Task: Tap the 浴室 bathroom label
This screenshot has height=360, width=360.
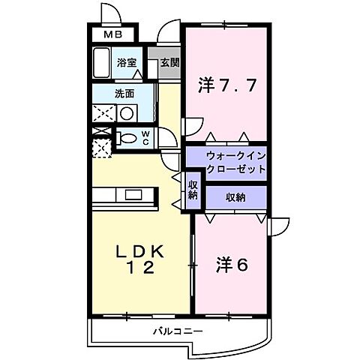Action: [x=126, y=63]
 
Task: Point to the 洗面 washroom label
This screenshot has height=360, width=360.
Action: [x=124, y=94]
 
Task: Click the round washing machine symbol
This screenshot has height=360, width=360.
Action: [x=127, y=114]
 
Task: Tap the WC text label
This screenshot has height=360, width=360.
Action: [x=146, y=137]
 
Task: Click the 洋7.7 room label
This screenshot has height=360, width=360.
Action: [x=228, y=84]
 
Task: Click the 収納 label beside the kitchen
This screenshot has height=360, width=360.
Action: [x=192, y=190]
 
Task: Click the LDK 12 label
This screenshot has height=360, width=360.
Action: [x=137, y=259]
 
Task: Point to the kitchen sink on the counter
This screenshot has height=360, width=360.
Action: [x=134, y=195]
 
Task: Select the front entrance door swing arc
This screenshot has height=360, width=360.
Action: [x=169, y=34]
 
